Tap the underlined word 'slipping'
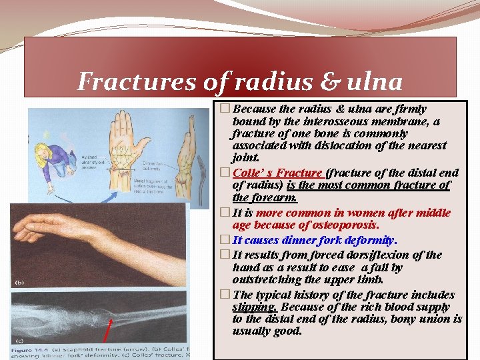[255, 307]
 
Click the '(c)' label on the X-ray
[19, 339]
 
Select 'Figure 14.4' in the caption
[33, 351]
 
